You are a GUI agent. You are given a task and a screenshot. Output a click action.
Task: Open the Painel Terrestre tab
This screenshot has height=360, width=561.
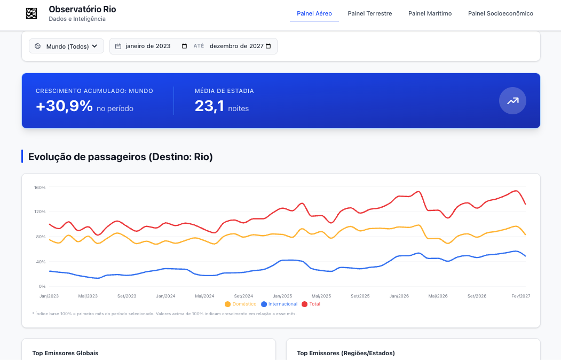369,13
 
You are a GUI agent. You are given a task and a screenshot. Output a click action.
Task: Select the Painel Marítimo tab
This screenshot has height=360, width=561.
430,13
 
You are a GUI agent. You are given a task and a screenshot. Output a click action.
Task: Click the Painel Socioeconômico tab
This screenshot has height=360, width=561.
501,13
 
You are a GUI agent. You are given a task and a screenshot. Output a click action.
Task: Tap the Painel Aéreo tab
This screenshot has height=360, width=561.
314,13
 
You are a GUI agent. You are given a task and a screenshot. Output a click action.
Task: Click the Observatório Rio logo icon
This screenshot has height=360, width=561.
31,13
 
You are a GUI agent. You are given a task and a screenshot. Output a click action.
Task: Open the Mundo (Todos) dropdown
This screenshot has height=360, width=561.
67,46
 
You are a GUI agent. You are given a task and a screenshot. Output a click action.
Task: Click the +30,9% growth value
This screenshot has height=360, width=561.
65,106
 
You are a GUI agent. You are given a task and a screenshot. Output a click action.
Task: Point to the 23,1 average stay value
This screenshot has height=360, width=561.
209,106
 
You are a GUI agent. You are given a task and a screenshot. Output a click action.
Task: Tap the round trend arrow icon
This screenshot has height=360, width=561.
512,101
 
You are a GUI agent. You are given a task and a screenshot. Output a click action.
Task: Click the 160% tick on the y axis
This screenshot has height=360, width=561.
39,187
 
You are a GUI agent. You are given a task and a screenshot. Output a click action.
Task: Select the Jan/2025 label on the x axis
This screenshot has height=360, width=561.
282,296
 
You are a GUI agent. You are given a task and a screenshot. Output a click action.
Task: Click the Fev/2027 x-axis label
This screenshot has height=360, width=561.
520,296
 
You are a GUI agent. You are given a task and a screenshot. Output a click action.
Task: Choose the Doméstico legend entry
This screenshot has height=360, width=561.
240,304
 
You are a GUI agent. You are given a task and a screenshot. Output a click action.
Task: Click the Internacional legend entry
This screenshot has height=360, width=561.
279,304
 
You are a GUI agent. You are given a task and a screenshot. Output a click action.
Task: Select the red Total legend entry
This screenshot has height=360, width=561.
311,304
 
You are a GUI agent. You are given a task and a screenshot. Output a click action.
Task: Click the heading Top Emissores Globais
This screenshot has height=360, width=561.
65,353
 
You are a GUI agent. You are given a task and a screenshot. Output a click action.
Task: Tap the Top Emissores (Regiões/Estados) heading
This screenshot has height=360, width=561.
346,353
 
